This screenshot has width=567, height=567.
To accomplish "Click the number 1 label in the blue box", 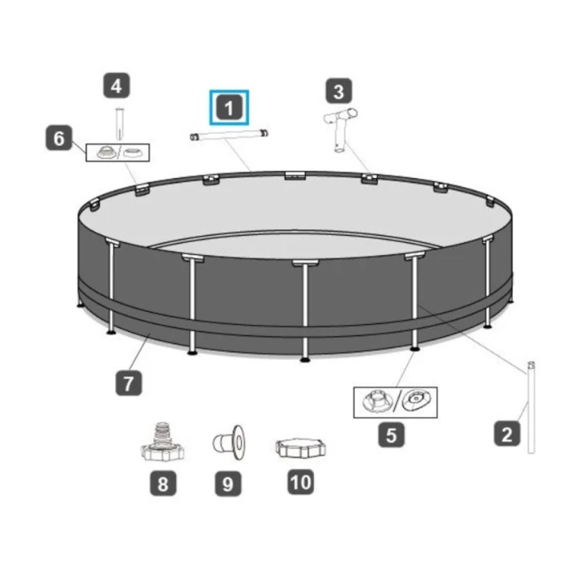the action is pyautogui.click(x=229, y=108).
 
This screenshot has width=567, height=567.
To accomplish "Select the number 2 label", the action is pyautogui.click(x=507, y=434).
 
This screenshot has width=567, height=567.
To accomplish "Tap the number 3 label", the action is pyautogui.click(x=339, y=91).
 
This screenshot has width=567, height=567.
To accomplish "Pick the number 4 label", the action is pyautogui.click(x=116, y=86).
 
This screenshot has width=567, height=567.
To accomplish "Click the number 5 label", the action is pyautogui.click(x=392, y=434).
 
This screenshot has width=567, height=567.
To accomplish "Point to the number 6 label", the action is pyautogui.click(x=58, y=138).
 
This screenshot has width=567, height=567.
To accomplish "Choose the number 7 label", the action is pyautogui.click(x=129, y=383).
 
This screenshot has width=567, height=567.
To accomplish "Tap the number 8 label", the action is pyautogui.click(x=163, y=483).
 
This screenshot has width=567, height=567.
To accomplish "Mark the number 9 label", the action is pyautogui.click(x=227, y=483).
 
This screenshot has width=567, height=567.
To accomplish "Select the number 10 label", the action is pyautogui.click(x=300, y=482).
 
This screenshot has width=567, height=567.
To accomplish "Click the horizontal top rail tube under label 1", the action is pyautogui.click(x=229, y=134).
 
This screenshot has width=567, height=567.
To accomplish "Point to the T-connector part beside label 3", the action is pyautogui.click(x=340, y=130).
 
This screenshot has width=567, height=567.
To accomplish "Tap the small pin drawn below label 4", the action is pyautogui.click(x=119, y=123).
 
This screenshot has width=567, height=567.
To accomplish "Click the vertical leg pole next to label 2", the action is pyautogui.click(x=531, y=407).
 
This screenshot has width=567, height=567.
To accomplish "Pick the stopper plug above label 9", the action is pyautogui.click(x=228, y=442).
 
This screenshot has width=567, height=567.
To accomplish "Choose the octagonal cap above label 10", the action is pyautogui.click(x=300, y=448).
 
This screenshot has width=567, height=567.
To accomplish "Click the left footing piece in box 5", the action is pyautogui.click(x=377, y=402).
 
